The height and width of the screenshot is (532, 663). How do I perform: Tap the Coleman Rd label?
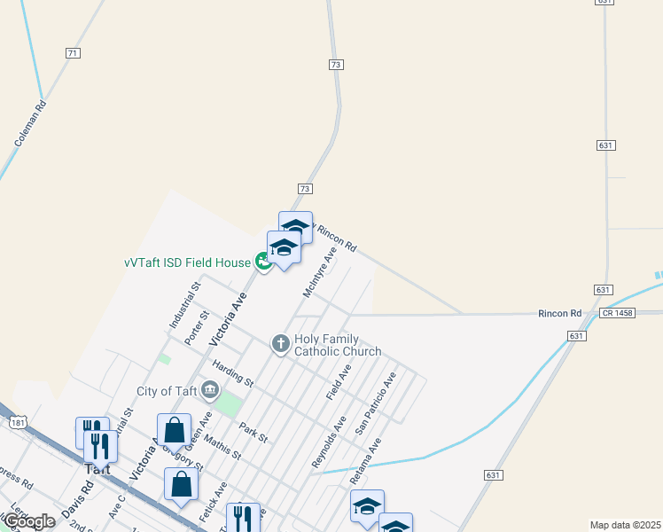click(30, 123)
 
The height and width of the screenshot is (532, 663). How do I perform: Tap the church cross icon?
click(280, 343)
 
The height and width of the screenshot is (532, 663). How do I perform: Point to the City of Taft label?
click(167, 391)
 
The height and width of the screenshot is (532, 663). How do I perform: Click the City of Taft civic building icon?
click(210, 389)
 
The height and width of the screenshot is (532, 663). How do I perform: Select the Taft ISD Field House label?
click(187, 262)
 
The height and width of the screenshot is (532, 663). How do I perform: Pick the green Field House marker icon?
click(263, 262)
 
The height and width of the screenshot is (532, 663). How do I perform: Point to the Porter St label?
click(197, 327)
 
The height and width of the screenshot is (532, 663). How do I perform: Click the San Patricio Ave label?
click(375, 403)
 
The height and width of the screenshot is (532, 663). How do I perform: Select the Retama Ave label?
click(365, 459)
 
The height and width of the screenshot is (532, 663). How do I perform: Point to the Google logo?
click(28, 521)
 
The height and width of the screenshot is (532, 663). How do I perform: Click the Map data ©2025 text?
click(625, 525)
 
